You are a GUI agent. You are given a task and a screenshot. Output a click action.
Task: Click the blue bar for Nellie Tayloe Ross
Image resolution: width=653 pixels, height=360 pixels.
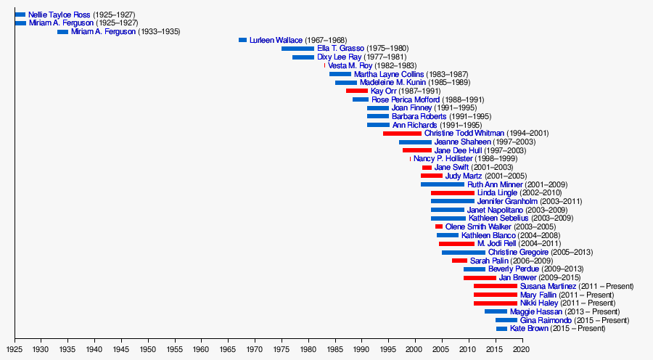click(x=20, y=15)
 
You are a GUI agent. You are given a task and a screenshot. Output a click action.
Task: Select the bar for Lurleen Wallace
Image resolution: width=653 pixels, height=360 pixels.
click(x=242, y=40)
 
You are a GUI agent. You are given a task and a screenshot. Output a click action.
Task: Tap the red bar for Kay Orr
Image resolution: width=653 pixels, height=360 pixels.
click(x=357, y=91)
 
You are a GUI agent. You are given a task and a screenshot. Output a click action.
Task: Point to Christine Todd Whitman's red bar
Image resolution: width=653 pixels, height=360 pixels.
click(x=402, y=134)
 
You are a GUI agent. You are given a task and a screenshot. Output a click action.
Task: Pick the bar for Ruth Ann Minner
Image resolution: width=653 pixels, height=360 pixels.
click(x=443, y=184)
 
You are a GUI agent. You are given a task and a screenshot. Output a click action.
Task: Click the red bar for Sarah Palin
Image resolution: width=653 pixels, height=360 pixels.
click(x=459, y=261)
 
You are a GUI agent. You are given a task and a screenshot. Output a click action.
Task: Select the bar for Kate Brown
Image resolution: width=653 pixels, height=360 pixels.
click(x=501, y=329)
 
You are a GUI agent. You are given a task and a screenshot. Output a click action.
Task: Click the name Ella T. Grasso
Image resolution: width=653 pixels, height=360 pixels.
click(x=340, y=49)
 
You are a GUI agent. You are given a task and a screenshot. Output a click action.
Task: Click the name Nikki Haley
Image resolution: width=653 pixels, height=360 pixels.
click(x=538, y=303)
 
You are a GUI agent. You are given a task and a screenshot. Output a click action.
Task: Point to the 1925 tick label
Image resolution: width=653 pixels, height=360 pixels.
click(x=15, y=350)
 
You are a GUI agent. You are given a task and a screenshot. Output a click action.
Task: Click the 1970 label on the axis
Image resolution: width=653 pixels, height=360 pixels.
click(x=255, y=350)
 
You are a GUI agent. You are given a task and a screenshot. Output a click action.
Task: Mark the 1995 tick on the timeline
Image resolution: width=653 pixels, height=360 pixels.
click(x=388, y=350)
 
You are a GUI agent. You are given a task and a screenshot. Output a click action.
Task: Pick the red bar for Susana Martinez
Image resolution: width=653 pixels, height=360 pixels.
click(x=496, y=286)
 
